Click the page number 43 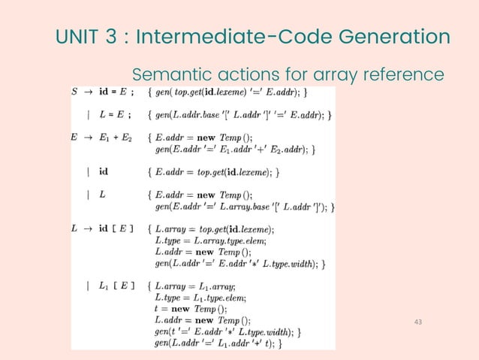pyautogui.click(x=420, y=322)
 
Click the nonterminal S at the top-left pyautogui.click(x=74, y=92)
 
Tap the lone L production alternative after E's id pyautogui.click(x=102, y=194)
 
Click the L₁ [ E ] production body pyautogui.click(x=118, y=286)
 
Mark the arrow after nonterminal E pyautogui.click(x=89, y=138)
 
